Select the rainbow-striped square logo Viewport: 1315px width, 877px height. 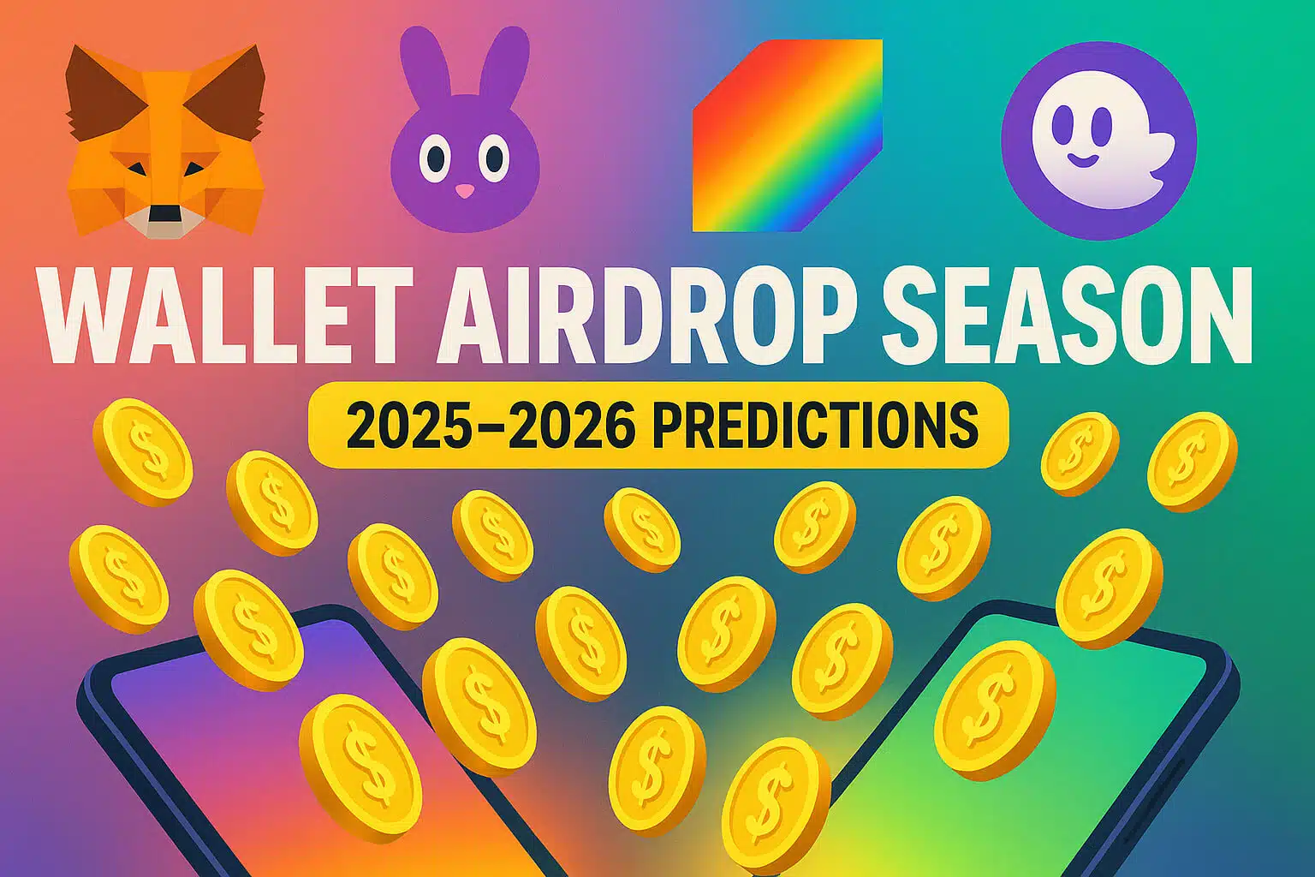(x=786, y=135)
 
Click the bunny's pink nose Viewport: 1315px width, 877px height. (x=464, y=190)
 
